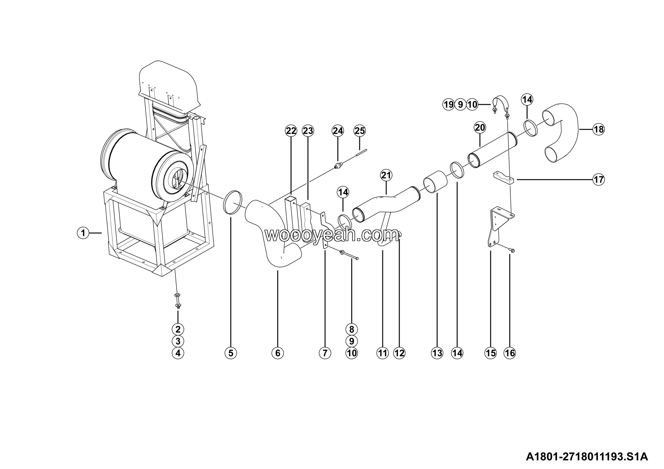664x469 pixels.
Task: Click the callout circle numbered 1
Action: (83, 233)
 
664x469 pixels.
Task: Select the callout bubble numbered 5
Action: (231, 353)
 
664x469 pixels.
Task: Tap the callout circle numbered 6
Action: (278, 353)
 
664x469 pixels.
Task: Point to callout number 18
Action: (599, 129)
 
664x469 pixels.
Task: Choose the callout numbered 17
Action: (599, 180)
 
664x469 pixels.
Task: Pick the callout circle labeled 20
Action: (480, 128)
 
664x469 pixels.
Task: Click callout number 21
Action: (386, 175)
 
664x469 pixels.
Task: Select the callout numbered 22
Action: (291, 131)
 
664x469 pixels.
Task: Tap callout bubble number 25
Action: (359, 131)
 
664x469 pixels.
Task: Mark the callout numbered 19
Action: (448, 104)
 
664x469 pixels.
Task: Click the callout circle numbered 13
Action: (437, 353)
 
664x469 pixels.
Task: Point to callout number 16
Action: (510, 353)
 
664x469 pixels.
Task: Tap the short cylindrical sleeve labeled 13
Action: (435, 182)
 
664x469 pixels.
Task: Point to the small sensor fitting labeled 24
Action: (337, 166)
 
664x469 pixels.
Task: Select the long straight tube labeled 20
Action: (493, 150)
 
